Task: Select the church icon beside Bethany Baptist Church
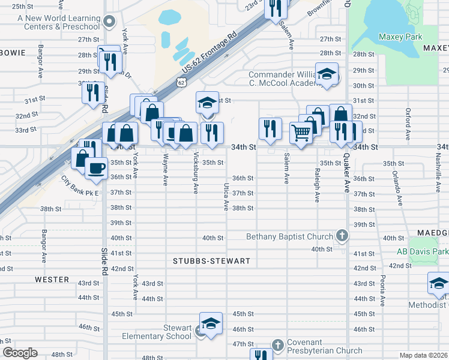click(342, 236)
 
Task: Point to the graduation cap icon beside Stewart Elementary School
click(211, 324)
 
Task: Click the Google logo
click(20, 353)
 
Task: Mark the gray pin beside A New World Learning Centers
click(109, 23)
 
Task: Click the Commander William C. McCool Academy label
click(282, 79)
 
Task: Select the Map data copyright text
click(423, 355)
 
